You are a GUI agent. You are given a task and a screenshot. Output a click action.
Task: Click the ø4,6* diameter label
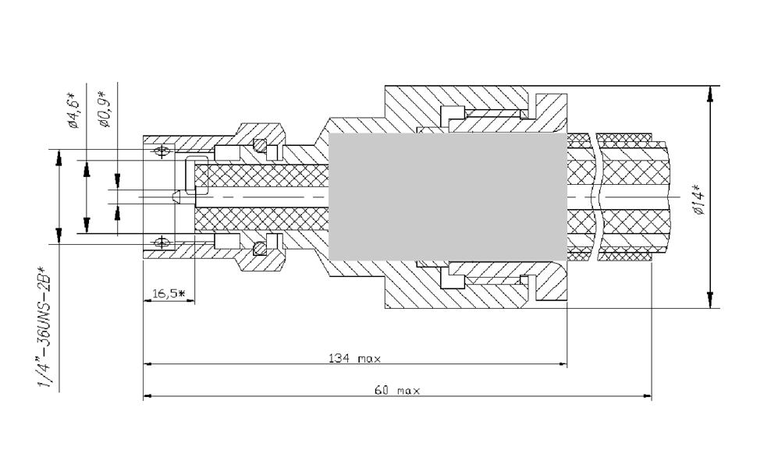[x=75, y=109]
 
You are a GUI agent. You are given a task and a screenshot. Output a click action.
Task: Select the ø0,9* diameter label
[x=105, y=109]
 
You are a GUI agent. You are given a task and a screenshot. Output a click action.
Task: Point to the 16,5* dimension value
[x=167, y=293]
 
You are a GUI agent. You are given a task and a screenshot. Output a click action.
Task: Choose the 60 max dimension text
[x=396, y=391]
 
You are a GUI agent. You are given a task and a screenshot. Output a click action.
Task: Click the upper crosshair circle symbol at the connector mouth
[x=162, y=151]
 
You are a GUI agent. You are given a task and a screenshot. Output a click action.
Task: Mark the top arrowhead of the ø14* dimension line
[x=709, y=93]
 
